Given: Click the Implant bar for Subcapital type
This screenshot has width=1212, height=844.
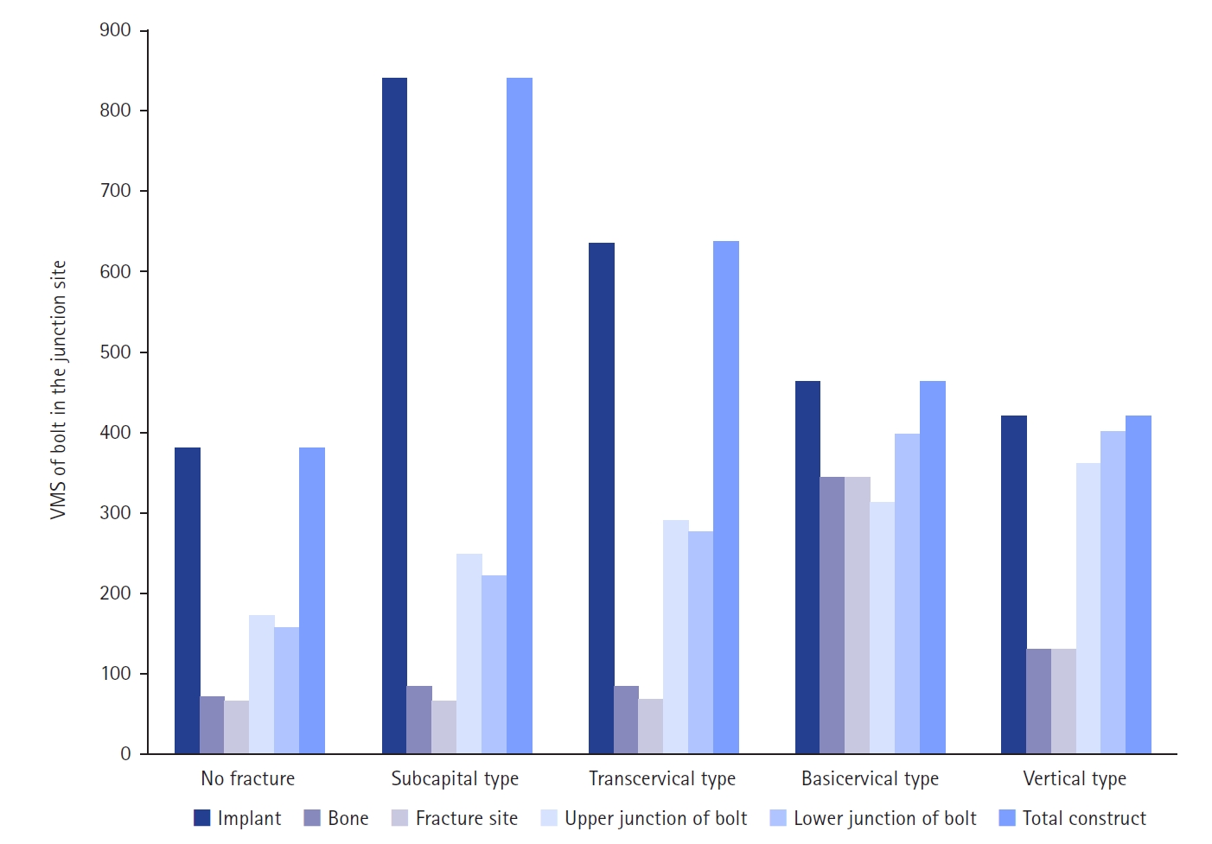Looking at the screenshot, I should [394, 416].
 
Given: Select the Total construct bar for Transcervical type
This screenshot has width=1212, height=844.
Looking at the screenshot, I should [726, 497].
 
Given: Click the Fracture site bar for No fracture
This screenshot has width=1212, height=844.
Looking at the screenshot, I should [237, 727].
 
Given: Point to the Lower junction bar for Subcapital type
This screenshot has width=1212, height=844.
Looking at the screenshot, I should [494, 664].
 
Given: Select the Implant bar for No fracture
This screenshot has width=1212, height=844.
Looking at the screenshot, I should [188, 600].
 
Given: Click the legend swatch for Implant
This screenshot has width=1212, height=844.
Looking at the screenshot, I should [202, 818].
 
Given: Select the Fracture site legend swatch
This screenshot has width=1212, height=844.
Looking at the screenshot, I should [399, 818].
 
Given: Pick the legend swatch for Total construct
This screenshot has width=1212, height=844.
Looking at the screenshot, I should [1007, 818].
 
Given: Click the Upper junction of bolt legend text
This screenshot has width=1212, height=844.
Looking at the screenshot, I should [655, 818].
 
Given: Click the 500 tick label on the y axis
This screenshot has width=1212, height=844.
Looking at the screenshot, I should [116, 352].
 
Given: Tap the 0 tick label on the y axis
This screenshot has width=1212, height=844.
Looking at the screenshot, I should [126, 754].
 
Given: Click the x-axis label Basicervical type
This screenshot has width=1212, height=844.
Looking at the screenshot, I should [870, 778].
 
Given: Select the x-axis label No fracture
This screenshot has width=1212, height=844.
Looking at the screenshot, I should [248, 778].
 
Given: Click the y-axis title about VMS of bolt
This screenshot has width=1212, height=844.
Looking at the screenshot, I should [58, 390].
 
